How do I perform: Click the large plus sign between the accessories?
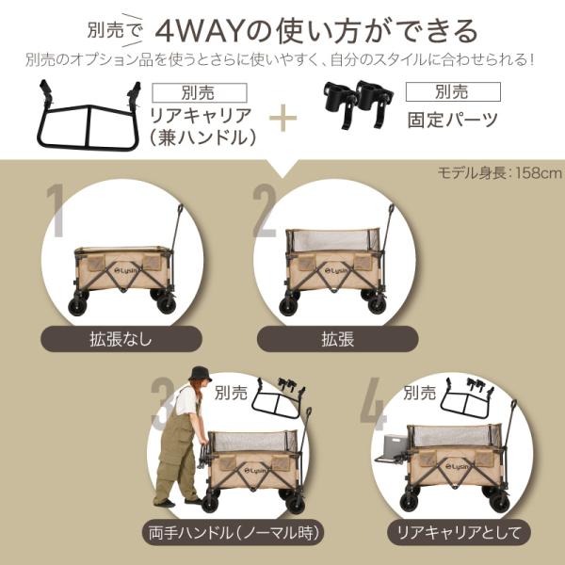coord(283,118)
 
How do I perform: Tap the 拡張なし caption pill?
coord(121,339)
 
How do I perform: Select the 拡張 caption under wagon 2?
coord(338,339)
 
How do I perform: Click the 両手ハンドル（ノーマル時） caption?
coord(234,533)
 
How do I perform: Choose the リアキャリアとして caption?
coord(460,533)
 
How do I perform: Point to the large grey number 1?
coord(56,211)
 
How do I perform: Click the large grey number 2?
coord(265,211)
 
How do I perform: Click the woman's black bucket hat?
coord(200,375)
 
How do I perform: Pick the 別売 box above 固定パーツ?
coord(453,91)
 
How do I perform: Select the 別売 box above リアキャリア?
coord(200,92)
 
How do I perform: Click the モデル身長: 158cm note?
coord(500,173)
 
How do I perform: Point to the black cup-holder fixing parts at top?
coord(358,105)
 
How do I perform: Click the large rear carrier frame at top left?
coord(89,116)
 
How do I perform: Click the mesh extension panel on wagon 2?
coord(331,240)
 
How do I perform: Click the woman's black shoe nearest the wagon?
coord(193,501)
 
